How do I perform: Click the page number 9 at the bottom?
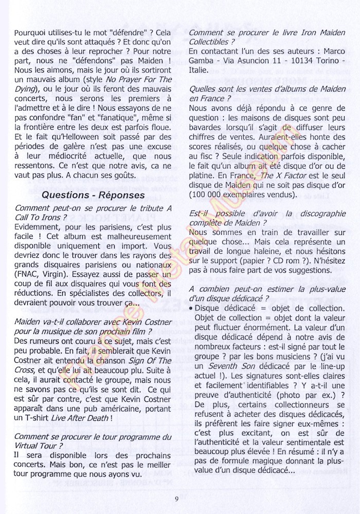click(x=176, y=498)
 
